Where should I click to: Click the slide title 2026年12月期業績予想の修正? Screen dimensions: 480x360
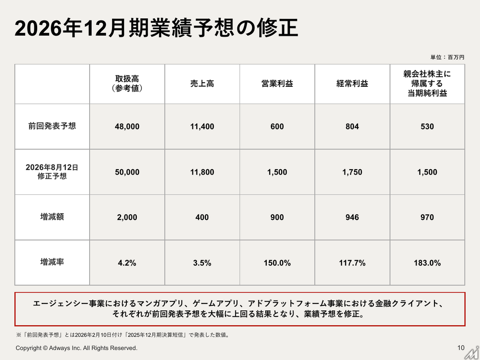156,28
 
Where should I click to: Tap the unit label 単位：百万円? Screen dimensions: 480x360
447,57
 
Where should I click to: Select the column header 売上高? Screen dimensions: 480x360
202,84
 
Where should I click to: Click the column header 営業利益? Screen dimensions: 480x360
277,84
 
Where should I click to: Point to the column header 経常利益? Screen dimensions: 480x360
352,84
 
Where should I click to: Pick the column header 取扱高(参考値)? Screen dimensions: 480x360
127,84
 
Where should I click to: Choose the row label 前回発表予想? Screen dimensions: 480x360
52,126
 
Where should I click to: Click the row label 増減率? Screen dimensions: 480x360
52,262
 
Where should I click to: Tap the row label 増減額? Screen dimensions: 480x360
52,217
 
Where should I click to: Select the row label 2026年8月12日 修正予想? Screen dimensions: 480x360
52,172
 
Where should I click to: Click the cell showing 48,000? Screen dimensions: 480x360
127,126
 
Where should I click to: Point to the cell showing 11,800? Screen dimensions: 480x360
202,172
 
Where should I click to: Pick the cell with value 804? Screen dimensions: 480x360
352,126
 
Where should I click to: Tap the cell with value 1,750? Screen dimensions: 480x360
352,172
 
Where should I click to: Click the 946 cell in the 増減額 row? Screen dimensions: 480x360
352,217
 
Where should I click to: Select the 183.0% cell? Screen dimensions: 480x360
427,263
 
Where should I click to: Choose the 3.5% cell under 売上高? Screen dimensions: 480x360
202,263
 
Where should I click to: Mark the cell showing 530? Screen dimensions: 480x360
427,126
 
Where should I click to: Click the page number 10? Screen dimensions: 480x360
461,348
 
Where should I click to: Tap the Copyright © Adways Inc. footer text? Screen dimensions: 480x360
76,348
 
